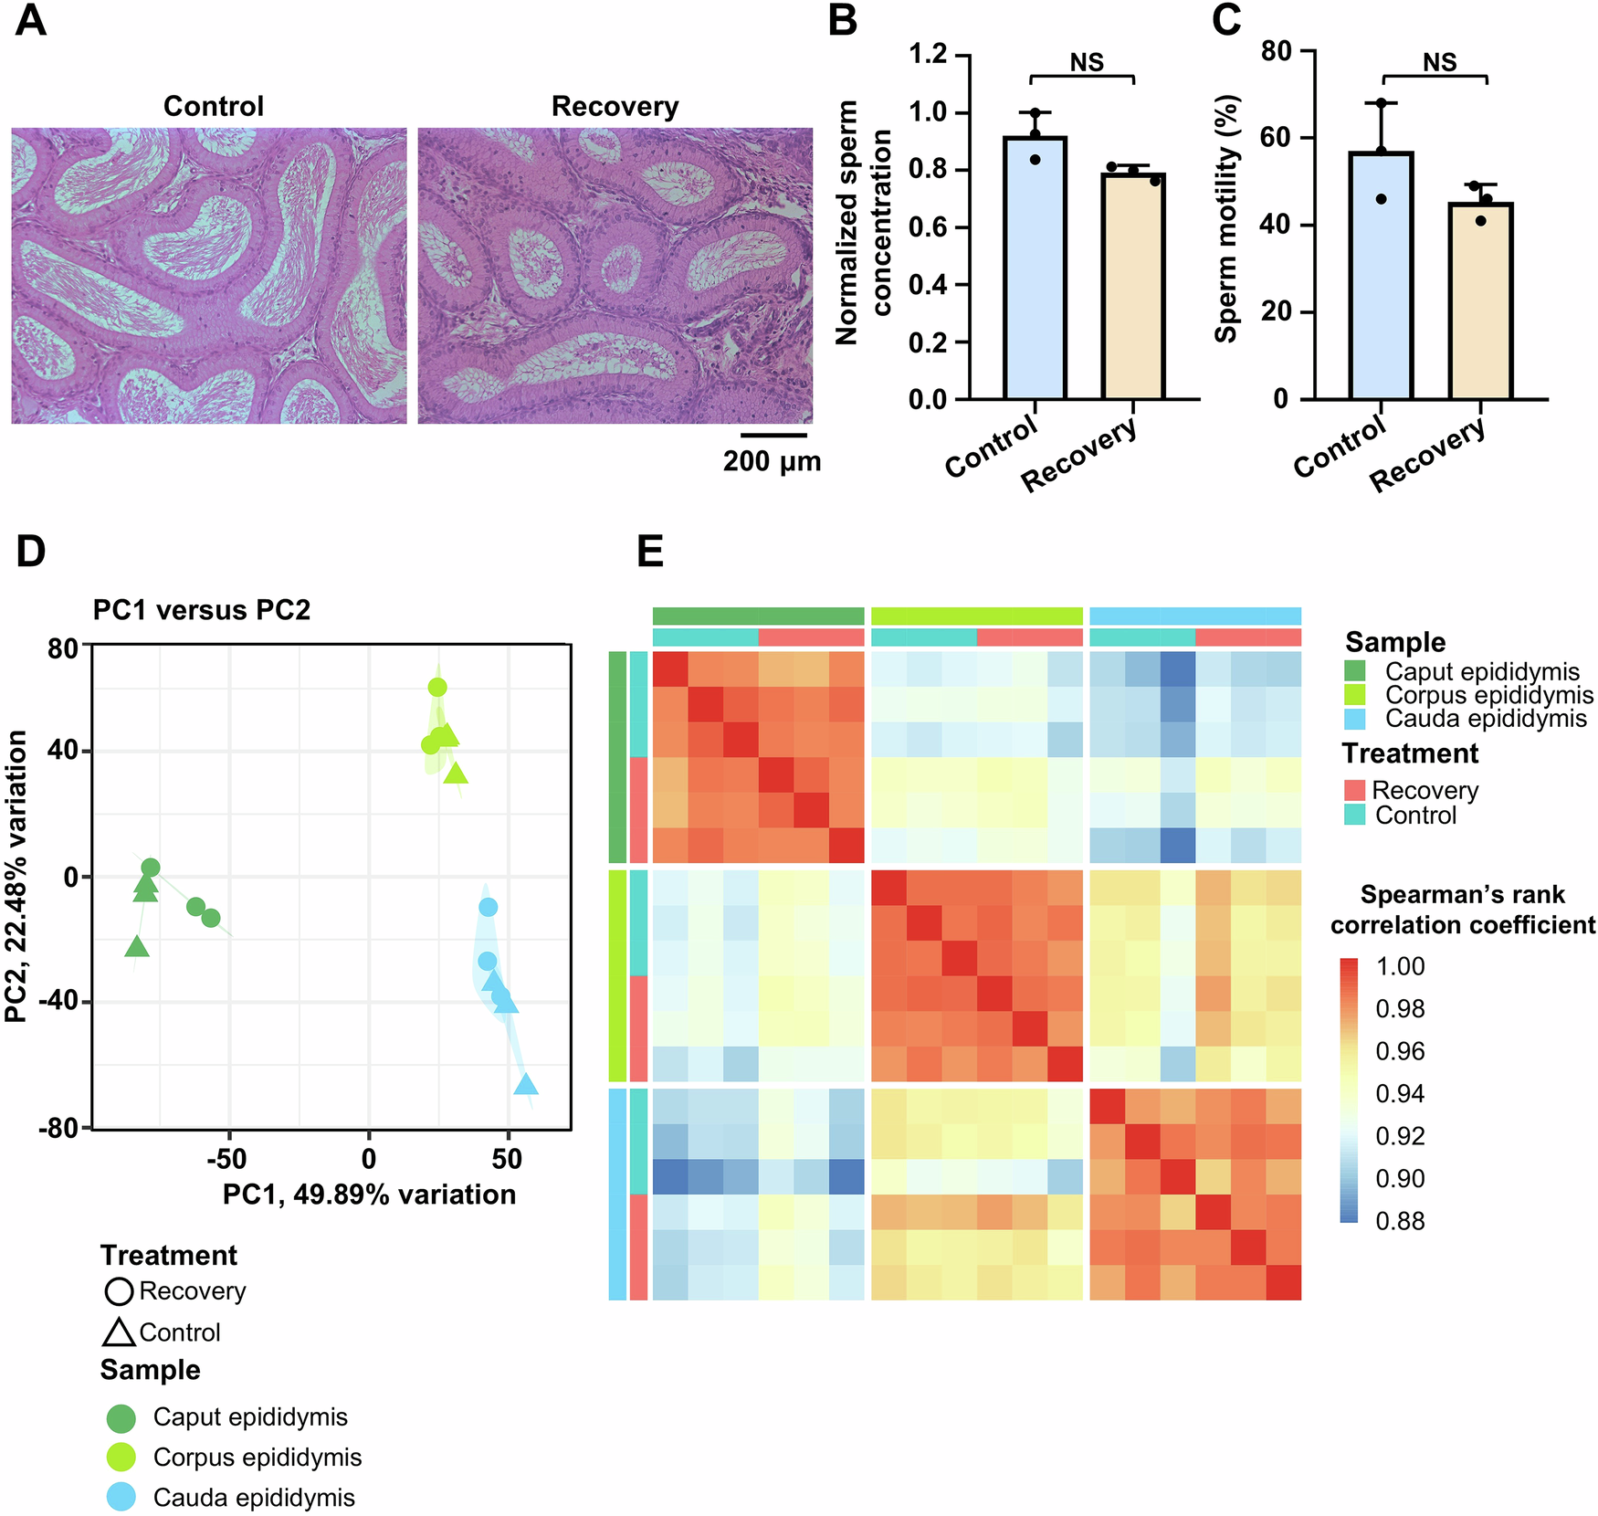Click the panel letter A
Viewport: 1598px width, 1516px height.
point(30,20)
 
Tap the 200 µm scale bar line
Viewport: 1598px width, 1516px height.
point(773,436)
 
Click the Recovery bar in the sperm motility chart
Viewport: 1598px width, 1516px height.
point(1480,301)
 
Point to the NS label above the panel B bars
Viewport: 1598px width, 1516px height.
point(1087,62)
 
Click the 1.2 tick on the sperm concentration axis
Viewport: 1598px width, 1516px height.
point(929,55)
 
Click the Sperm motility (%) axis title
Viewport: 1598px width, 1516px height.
point(1226,219)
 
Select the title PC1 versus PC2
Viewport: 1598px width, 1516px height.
point(202,609)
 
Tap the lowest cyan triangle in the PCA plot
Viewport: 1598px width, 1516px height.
point(526,1084)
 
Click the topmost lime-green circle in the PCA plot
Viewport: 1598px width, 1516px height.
point(437,687)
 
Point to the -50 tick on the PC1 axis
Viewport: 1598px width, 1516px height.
point(226,1159)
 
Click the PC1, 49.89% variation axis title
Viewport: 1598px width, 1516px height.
point(369,1195)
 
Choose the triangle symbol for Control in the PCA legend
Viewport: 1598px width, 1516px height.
point(119,1332)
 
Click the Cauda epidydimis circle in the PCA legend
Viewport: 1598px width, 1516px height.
point(121,1497)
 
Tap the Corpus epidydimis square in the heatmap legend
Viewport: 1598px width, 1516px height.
point(1354,695)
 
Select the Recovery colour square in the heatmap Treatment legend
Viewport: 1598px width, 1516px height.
point(1354,790)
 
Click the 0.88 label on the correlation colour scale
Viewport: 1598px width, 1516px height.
point(1400,1221)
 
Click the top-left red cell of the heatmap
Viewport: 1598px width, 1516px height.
point(670,669)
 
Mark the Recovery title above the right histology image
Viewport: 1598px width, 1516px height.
point(615,107)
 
